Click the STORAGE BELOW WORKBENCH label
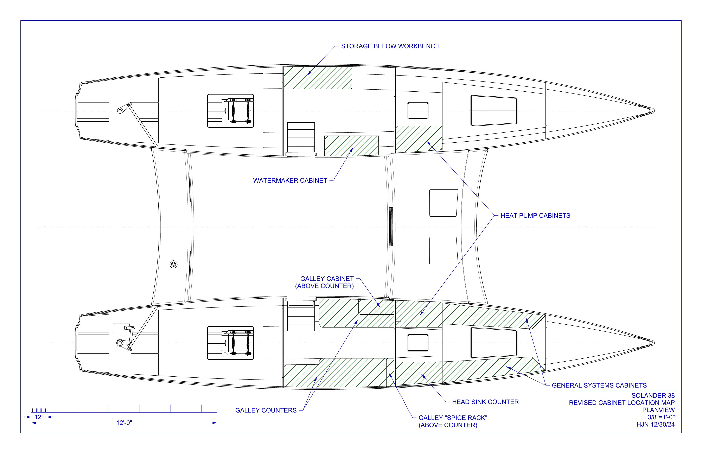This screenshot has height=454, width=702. [x=390, y=46]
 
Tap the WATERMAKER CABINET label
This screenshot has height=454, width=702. [x=290, y=180]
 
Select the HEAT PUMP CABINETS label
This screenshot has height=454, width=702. [x=535, y=215]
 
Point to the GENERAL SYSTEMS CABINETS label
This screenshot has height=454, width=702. [x=599, y=385]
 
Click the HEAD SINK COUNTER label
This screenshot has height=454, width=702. [x=485, y=402]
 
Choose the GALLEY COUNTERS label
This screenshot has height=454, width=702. [x=266, y=410]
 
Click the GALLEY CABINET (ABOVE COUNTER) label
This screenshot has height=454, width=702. [x=324, y=282]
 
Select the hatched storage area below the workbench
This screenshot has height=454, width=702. [x=318, y=78]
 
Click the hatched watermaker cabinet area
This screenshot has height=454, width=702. [x=351, y=146]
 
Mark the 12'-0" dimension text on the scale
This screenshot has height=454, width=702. [x=124, y=423]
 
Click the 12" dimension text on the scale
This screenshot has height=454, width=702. [x=39, y=417]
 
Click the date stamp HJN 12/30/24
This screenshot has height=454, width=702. [x=655, y=424]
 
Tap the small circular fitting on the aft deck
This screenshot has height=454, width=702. [x=173, y=264]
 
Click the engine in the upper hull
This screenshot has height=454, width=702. [x=230, y=111]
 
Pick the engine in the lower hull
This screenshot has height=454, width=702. [x=230, y=343]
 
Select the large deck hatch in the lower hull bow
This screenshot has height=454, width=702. [x=494, y=343]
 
